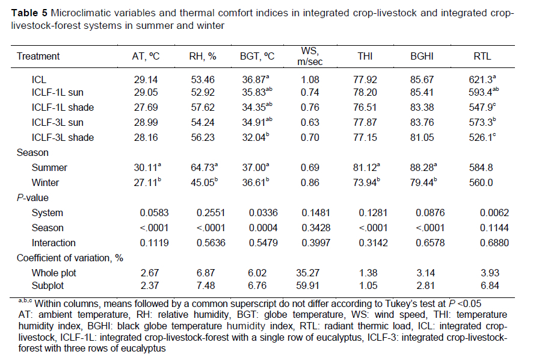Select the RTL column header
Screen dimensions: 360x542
coord(483,56)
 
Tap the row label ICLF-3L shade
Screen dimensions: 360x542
coord(63,138)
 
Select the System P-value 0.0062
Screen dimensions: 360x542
coord(494,213)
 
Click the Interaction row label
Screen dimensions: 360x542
coord(54,243)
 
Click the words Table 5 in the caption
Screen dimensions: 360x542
coord(25,13)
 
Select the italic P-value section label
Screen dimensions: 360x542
coord(33,197)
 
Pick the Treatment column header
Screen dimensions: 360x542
coord(38,56)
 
